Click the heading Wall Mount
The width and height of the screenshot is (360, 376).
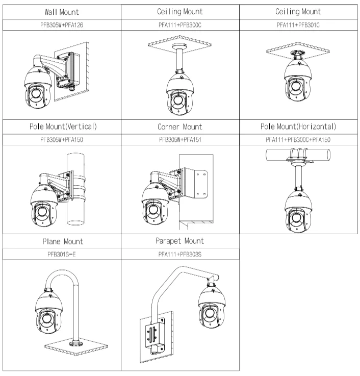point(61,11)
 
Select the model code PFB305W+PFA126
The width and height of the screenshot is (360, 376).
point(61,24)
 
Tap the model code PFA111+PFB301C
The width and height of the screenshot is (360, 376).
point(299,24)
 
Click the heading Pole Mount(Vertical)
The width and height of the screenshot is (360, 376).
point(61,126)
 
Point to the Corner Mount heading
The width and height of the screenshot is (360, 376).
point(180,126)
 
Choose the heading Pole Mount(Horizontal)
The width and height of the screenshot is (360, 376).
point(299,126)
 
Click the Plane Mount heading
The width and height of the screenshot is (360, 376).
point(61,241)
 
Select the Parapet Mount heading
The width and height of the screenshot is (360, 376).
point(180,241)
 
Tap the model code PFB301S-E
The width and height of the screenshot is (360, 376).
point(61,254)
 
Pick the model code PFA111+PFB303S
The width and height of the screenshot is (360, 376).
point(180,254)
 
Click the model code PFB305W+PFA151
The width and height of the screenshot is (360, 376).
point(180,139)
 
